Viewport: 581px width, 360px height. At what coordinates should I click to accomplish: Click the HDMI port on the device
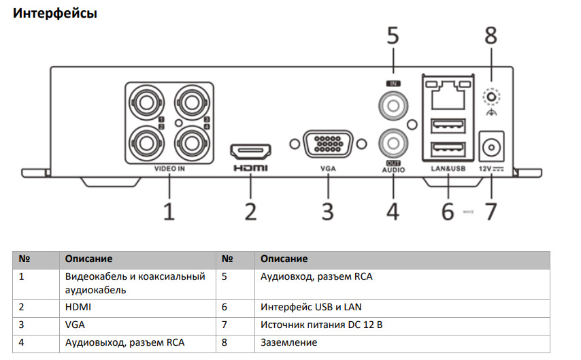[x=251, y=150]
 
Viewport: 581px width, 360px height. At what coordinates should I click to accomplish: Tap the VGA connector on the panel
[x=328, y=144]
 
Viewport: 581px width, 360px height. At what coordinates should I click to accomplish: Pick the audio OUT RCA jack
[x=393, y=142]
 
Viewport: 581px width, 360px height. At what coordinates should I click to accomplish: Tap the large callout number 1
[x=168, y=210]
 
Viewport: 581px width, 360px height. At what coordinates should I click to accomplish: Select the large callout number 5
[x=393, y=36]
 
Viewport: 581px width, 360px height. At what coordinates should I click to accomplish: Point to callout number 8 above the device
[x=491, y=36]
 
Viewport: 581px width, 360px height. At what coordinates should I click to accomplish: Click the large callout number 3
[x=328, y=210]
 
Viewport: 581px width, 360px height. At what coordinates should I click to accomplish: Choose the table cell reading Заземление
[x=288, y=342]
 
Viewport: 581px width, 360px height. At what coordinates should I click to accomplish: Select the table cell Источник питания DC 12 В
[x=321, y=325]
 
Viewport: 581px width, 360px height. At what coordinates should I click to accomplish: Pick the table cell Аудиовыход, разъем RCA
[x=124, y=342]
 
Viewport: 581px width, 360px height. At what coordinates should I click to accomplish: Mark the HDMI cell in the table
[x=78, y=307]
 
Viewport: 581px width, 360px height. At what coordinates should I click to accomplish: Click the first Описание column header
[x=88, y=259]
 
